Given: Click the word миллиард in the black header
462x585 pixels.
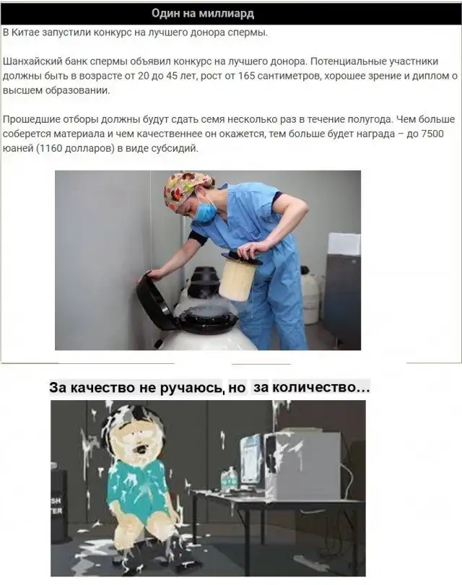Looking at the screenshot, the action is (226, 14).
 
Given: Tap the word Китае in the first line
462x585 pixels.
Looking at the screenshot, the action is (25, 32).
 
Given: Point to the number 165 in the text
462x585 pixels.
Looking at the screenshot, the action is (246, 76).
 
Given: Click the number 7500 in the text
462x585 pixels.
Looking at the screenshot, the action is (432, 134).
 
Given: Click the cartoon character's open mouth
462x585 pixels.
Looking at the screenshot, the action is (141, 448).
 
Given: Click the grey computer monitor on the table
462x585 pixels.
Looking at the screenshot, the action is (302, 465).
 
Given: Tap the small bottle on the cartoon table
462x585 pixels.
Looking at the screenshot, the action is (229, 478).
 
